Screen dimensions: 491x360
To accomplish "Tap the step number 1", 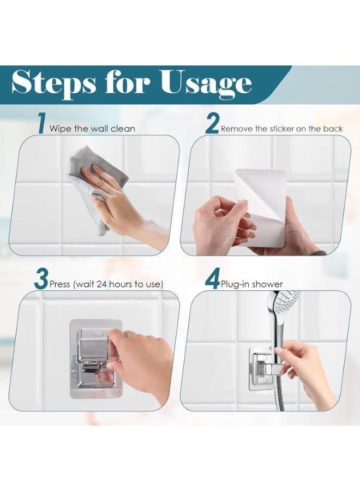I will click(41, 124).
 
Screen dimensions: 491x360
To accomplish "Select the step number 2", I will click(212, 124).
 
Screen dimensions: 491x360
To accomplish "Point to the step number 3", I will click(41, 279).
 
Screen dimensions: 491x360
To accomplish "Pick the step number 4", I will click(212, 279).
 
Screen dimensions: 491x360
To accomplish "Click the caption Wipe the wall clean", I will click(92, 129).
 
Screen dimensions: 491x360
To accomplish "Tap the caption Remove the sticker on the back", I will click(281, 129).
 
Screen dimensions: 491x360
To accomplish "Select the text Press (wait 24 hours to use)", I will click(106, 284).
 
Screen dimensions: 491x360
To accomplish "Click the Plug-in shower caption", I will click(251, 284).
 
